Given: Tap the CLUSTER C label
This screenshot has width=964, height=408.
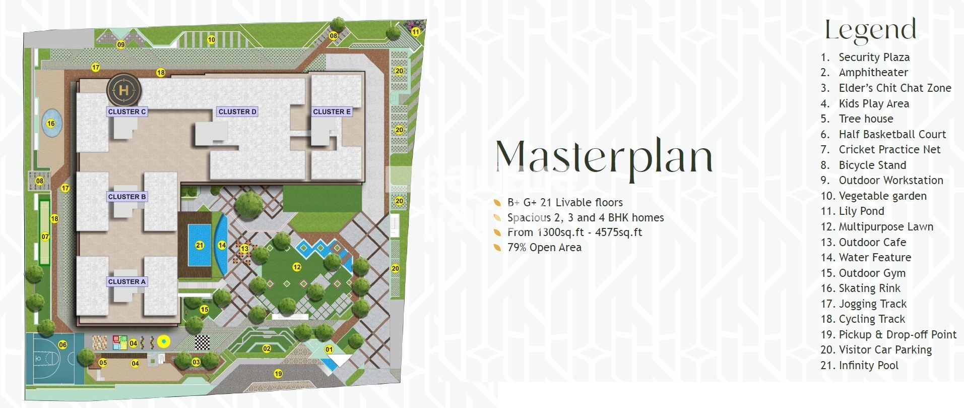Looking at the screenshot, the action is (x=127, y=111).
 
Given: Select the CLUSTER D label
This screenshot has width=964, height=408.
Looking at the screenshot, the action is (x=237, y=111).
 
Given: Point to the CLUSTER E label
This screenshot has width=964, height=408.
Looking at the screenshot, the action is (x=332, y=111).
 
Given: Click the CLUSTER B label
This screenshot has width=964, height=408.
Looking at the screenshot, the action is (x=127, y=197).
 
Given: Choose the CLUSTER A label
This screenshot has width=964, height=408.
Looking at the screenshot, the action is (x=127, y=281).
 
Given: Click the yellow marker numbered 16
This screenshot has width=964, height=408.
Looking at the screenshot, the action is (x=50, y=123).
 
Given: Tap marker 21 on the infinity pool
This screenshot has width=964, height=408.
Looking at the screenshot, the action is (x=200, y=245).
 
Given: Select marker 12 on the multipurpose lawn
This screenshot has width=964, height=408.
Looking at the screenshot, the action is (x=297, y=267).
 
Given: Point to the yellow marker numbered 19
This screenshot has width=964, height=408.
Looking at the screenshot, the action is (x=278, y=374).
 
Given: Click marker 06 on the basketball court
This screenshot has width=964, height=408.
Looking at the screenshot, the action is (x=62, y=345).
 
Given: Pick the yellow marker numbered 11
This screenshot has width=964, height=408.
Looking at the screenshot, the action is (x=415, y=32).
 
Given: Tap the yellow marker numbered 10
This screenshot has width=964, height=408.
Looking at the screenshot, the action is (x=211, y=39).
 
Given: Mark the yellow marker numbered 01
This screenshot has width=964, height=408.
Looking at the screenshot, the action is (x=329, y=349).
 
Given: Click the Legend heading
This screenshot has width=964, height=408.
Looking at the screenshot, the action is (x=870, y=30).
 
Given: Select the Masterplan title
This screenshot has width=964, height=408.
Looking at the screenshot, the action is (x=604, y=156).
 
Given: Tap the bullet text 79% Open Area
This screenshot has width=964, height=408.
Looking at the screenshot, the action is (x=544, y=248).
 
